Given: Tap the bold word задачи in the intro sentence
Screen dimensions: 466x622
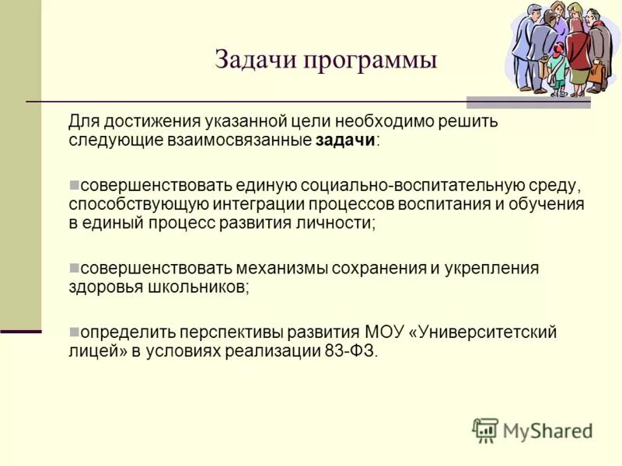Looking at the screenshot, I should pyautogui.click(x=345, y=141).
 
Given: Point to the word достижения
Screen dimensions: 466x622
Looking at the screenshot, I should pyautogui.click(x=148, y=122).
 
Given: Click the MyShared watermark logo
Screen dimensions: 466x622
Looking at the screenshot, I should pyautogui.click(x=533, y=430).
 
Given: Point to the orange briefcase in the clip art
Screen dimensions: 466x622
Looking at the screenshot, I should pyautogui.click(x=596, y=74).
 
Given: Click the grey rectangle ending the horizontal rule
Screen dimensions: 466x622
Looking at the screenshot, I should pyautogui.click(x=528, y=102).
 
